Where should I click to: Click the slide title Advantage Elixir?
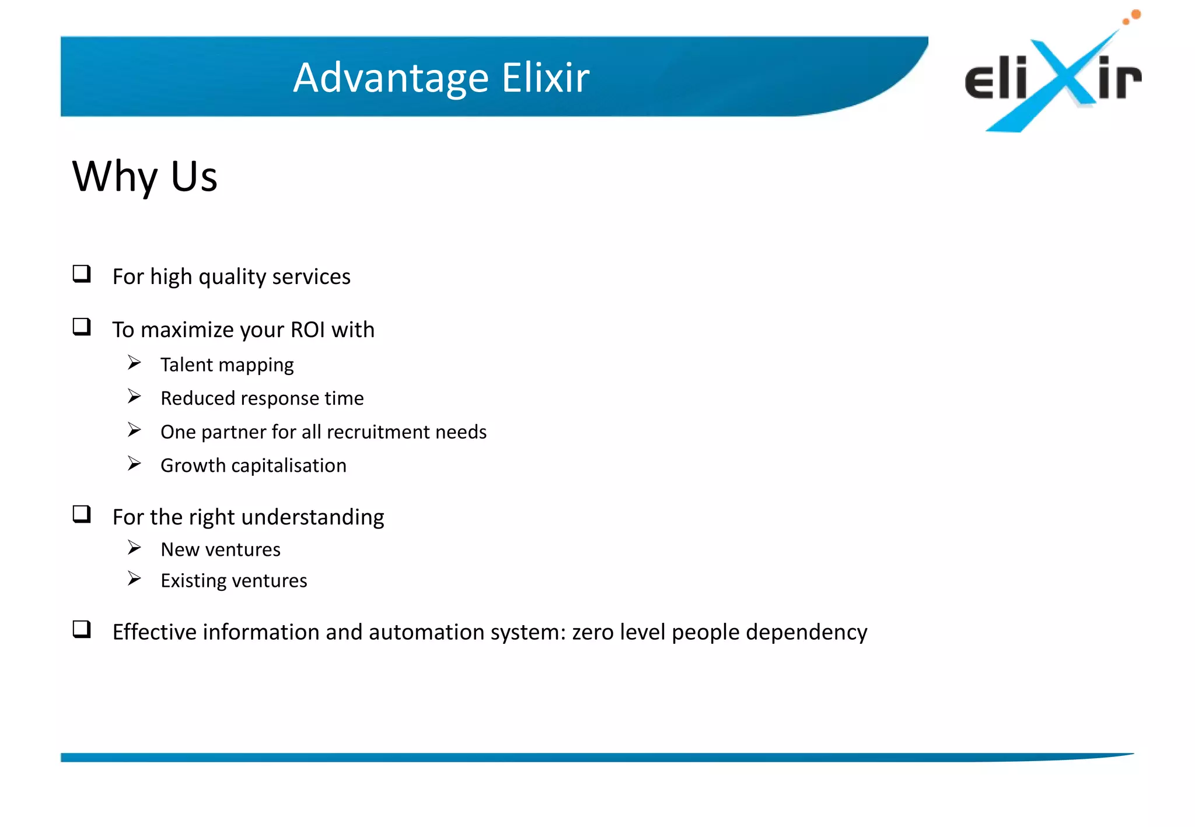[x=441, y=78]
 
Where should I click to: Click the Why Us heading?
[x=145, y=176]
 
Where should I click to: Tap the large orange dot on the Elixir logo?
[x=1135, y=14]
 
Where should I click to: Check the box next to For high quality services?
[x=82, y=274]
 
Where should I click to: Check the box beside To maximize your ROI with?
[x=82, y=327]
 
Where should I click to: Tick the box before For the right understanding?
[x=82, y=514]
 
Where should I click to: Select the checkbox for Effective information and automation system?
[x=82, y=629]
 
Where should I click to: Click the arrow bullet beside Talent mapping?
[x=135, y=363]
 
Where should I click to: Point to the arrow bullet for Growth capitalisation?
[x=135, y=464]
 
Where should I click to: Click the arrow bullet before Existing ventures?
[x=135, y=579]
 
